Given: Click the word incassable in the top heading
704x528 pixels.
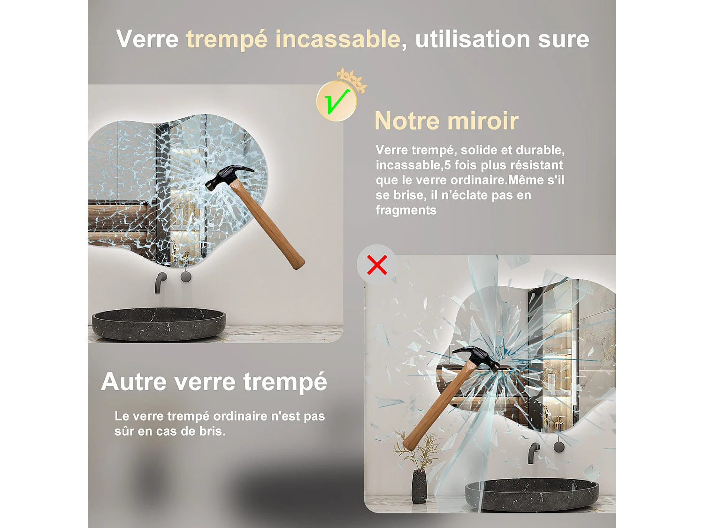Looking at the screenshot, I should (x=337, y=39).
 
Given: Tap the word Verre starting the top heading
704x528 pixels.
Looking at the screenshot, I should (x=147, y=39).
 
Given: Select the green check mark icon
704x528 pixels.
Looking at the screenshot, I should (x=337, y=101).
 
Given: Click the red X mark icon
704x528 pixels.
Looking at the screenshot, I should (x=377, y=265).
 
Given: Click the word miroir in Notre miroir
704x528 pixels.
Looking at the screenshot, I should (x=483, y=121).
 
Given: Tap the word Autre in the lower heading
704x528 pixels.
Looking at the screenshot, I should (x=134, y=381).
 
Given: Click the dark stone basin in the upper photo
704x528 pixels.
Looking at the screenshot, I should (x=159, y=324).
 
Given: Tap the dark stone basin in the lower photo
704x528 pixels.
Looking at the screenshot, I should (x=531, y=495).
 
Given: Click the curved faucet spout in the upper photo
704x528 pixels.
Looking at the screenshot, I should (x=160, y=281).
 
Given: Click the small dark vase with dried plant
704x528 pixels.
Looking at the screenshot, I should (x=419, y=486).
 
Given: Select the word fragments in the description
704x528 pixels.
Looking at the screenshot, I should (x=406, y=210).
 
